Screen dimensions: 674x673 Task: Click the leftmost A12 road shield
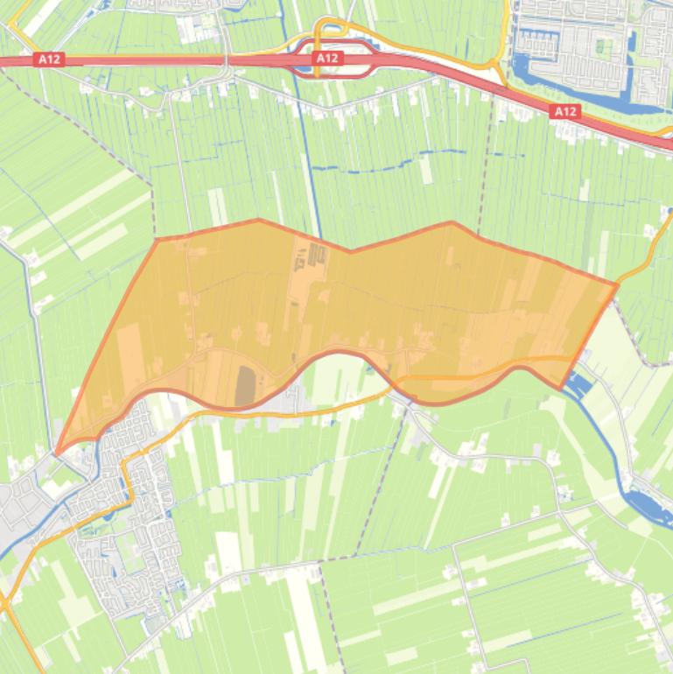48,60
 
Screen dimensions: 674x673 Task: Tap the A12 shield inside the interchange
326,58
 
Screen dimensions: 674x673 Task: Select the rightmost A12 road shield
565,111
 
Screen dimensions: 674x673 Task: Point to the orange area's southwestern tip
58,453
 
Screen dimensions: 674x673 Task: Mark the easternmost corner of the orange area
618,284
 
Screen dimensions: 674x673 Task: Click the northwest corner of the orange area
158,238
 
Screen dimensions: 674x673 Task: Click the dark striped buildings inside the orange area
316,255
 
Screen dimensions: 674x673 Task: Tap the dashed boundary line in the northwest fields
96,140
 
